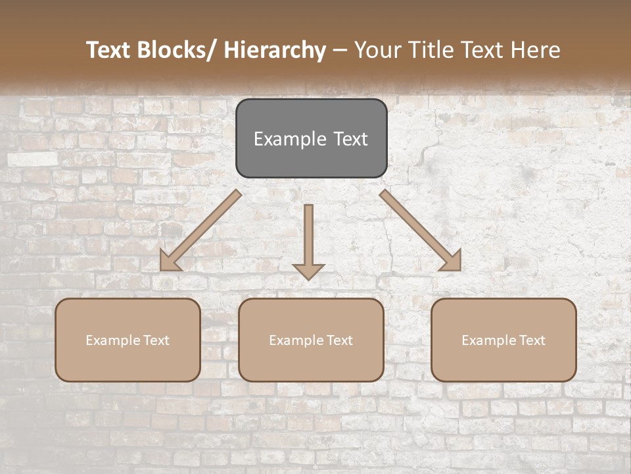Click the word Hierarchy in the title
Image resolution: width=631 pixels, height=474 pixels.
tap(275, 51)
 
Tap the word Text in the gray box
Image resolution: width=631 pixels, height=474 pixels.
tap(350, 139)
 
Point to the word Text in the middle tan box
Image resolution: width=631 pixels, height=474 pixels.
tap(338, 340)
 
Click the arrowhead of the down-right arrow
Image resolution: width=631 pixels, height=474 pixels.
tap(452, 262)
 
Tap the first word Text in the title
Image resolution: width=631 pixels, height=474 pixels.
tap(109, 51)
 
